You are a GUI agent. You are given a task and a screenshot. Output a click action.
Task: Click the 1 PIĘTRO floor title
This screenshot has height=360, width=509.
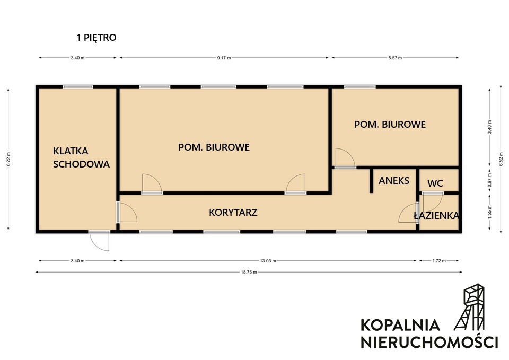(x=96, y=38)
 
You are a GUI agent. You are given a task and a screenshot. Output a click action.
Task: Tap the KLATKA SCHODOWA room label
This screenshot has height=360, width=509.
(x=81, y=157)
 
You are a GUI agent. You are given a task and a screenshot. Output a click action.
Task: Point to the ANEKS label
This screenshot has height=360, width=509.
(x=394, y=180)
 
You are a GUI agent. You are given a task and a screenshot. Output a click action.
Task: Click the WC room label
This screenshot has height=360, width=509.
(x=435, y=183)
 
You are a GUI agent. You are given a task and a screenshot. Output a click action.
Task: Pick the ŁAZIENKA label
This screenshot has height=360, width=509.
(x=436, y=215)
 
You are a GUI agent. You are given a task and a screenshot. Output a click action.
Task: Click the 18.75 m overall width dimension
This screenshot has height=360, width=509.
(x=249, y=273)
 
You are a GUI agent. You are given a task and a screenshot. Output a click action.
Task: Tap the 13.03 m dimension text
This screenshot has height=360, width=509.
(x=268, y=261)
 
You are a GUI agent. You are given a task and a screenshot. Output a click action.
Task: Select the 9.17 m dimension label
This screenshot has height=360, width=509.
(x=224, y=58)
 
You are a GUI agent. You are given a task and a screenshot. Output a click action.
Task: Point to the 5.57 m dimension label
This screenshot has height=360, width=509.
(x=395, y=58)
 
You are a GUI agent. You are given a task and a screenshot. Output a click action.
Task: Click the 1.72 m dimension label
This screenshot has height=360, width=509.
(x=439, y=261)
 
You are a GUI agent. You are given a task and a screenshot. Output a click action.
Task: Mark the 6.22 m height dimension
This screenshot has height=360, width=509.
(x=9, y=159)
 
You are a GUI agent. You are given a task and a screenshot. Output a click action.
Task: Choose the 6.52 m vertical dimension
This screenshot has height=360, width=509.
(x=501, y=159)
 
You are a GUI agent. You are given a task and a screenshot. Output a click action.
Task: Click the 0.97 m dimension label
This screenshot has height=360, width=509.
(x=490, y=180)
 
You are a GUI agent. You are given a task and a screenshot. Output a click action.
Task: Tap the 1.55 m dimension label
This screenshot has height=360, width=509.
(x=490, y=212)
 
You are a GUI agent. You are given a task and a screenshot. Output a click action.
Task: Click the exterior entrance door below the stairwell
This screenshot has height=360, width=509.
(x=99, y=240)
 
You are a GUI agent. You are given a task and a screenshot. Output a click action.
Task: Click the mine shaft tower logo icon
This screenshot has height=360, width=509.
(x=469, y=307)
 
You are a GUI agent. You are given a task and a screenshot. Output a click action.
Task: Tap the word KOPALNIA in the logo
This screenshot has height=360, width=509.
(x=400, y=325)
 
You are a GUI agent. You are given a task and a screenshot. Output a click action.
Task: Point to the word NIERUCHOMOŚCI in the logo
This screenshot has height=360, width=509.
(x=429, y=343)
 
